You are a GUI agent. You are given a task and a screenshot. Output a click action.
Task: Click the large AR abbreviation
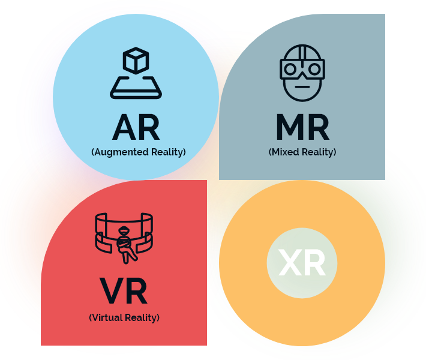[x=136, y=127]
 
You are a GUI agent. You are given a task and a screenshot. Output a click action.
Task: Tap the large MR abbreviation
[x=302, y=127]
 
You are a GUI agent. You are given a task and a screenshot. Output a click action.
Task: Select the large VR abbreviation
[x=124, y=291]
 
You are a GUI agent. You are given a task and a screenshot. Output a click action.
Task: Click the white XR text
[x=302, y=263]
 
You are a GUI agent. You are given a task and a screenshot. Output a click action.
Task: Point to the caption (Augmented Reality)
[x=138, y=152]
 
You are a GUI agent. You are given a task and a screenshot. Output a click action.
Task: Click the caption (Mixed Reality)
[x=302, y=152]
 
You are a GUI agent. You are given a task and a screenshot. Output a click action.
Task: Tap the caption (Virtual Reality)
[x=124, y=317]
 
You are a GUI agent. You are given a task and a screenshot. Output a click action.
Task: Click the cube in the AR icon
[x=135, y=61]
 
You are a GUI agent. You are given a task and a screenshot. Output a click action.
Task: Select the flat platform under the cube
[x=136, y=89]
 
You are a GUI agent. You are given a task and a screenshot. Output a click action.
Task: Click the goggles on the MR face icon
[x=302, y=69]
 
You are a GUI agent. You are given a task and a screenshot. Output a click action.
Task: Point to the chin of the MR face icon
[x=302, y=96]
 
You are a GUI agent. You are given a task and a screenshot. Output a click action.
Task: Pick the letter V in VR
[x=112, y=291]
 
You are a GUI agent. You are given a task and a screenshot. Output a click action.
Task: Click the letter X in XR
[x=290, y=263]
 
